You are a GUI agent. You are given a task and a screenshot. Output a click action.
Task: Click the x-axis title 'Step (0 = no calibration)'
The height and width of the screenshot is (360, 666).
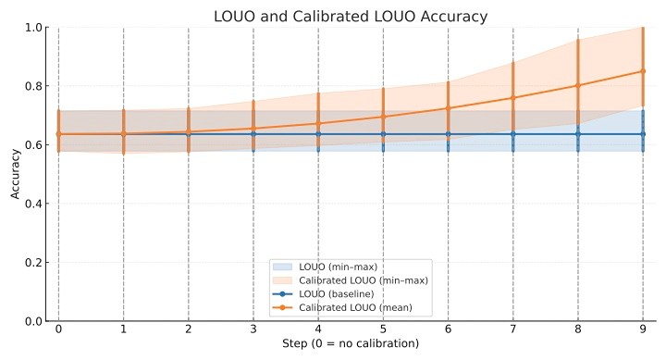(351, 344)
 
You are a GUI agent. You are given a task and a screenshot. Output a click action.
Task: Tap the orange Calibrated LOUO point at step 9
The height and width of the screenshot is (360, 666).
(643, 71)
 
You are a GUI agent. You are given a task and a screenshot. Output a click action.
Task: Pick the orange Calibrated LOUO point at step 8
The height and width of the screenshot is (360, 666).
(578, 85)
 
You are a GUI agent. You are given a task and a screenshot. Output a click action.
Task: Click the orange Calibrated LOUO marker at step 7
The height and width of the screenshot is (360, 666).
(513, 98)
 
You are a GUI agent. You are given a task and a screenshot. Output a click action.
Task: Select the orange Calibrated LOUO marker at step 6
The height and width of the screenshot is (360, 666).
(449, 108)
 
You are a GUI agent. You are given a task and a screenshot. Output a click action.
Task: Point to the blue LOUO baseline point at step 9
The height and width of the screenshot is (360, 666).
(643, 134)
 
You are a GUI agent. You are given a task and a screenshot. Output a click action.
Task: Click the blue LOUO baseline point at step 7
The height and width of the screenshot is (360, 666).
(513, 134)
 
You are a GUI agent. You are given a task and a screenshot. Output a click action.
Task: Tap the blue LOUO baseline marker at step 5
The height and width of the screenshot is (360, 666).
(383, 134)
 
